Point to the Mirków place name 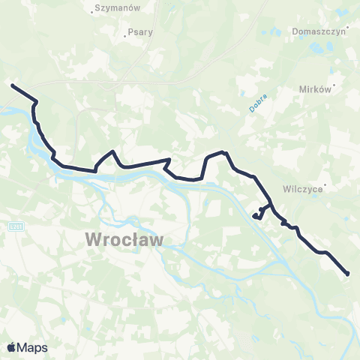click(x=314, y=88)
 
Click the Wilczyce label click(x=302, y=189)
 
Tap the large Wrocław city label click(x=124, y=240)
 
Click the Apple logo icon click(x=12, y=347)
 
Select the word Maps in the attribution click(x=32, y=348)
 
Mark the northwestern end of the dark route click(x=12, y=85)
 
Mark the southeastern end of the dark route click(x=348, y=274)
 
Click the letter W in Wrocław click(x=94, y=240)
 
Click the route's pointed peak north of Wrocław click(x=112, y=151)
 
